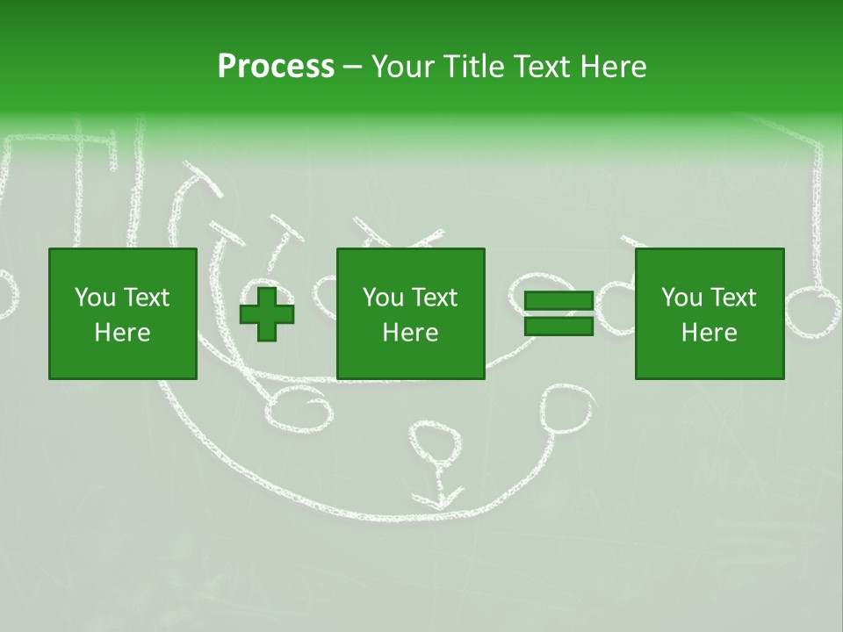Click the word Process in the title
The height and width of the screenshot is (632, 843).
pyautogui.click(x=276, y=67)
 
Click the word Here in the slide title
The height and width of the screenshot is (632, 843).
pyautogui.click(x=612, y=67)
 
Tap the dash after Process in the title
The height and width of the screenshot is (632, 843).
pyautogui.click(x=352, y=68)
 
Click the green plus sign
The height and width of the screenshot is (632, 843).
pyautogui.click(x=267, y=313)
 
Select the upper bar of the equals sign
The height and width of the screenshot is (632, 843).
pyautogui.click(x=558, y=300)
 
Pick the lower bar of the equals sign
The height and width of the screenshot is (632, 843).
pyautogui.click(x=558, y=327)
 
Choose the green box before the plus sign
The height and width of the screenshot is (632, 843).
pyautogui.click(x=122, y=313)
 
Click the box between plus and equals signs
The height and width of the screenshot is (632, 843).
pyautogui.click(x=410, y=313)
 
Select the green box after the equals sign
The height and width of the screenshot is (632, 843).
pyautogui.click(x=709, y=313)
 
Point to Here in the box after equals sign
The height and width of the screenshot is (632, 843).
pyautogui.click(x=709, y=332)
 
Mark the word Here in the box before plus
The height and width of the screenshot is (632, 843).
pyautogui.click(x=122, y=332)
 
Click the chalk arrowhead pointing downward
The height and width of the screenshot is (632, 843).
pyautogui.click(x=437, y=499)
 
